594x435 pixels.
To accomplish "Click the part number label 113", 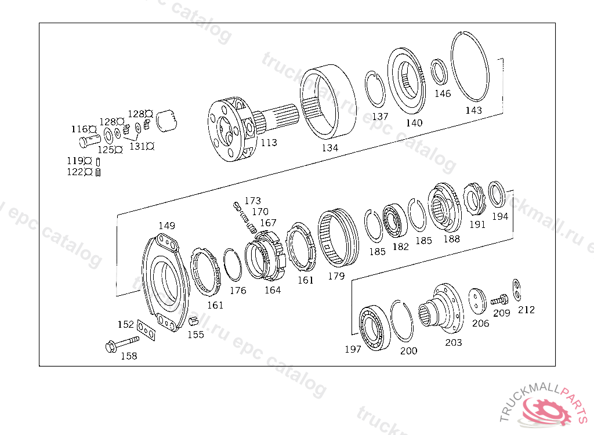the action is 269,143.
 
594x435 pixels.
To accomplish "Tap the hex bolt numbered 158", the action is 122,344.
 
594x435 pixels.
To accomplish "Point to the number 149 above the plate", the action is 166,226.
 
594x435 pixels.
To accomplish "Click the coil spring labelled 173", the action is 244,217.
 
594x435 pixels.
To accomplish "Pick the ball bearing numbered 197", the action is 374,327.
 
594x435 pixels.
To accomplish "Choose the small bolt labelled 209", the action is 499,300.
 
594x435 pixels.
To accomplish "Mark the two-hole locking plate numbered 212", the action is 517,289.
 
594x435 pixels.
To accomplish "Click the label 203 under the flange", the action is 453,343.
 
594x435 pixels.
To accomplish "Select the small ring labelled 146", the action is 439,72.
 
